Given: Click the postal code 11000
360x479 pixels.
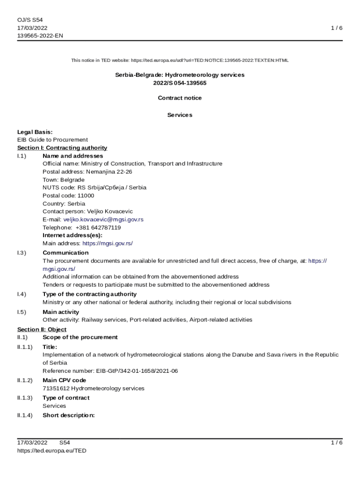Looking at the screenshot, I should pos(86,196).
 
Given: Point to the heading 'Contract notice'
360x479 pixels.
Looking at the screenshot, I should pos(180,98).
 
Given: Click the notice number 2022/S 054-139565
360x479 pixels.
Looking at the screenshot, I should pos(180,83).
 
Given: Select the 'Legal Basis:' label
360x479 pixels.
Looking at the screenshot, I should pos(35,132).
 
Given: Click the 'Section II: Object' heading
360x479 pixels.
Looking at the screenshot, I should pos(42,329).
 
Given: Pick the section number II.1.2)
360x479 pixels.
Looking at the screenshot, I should pos(25,380).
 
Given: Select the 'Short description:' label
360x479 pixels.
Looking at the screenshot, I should pos(69,415).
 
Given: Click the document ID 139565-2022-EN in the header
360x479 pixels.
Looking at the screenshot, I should pos(40,36).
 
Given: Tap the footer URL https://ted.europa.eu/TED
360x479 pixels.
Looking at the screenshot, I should pos(52,450).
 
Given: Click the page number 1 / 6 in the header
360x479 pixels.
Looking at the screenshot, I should pos(337,28).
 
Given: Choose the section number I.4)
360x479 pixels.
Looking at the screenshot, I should pos(22,294).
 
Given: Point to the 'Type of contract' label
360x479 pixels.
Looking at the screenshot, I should pos(66,398).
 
